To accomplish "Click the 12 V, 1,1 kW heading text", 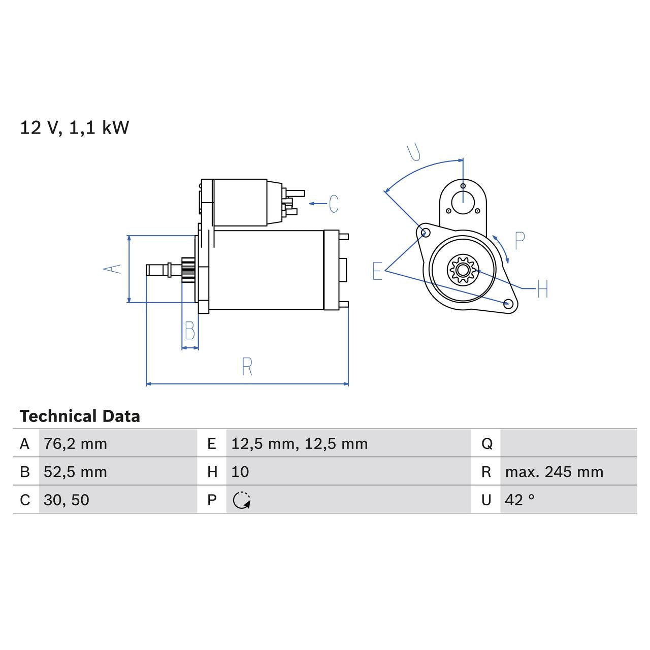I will click(x=74, y=127).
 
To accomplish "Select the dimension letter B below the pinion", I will click(x=190, y=331).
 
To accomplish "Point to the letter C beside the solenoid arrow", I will click(x=334, y=204).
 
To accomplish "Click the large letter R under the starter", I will click(x=247, y=367).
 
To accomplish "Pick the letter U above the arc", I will click(x=414, y=152).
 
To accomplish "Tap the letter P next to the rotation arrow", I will click(x=519, y=241).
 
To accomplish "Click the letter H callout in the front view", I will click(x=542, y=289).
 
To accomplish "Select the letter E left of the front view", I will click(x=377, y=271).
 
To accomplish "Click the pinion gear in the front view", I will click(x=462, y=269).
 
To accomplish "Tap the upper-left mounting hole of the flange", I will click(x=426, y=233).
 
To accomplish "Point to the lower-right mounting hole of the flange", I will click(x=507, y=304).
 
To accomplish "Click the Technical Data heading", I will click(x=80, y=416).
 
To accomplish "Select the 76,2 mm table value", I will click(x=75, y=444).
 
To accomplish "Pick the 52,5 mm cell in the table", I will click(x=75, y=472).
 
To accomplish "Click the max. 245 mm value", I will click(x=554, y=472).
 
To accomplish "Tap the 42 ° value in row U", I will click(x=519, y=500).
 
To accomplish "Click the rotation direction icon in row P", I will click(x=242, y=500).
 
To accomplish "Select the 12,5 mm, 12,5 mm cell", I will click(x=299, y=444).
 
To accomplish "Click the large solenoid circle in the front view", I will click(x=463, y=202).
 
